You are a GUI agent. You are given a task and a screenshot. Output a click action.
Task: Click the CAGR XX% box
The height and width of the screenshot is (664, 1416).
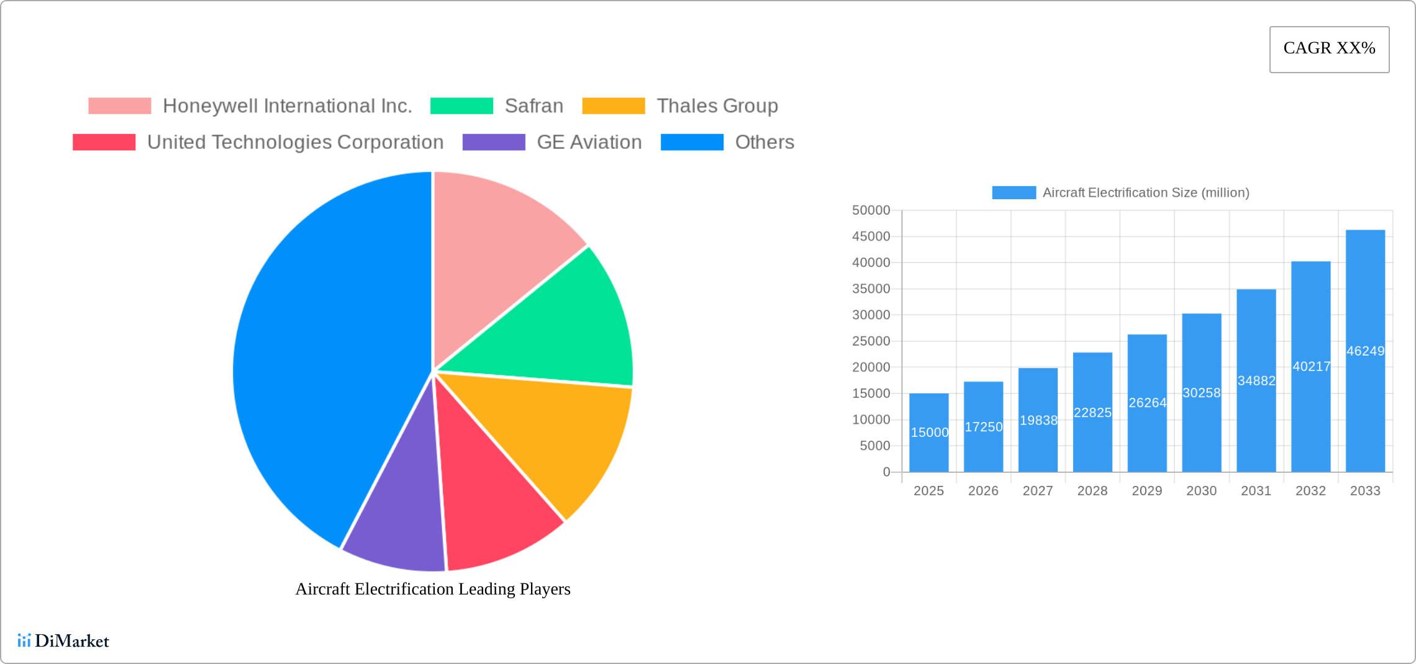pyautogui.click(x=1329, y=49)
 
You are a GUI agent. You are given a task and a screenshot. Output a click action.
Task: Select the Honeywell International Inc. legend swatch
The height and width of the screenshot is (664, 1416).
pyautogui.click(x=119, y=106)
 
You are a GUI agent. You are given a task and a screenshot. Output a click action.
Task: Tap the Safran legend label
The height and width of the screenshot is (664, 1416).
pyautogui.click(x=534, y=106)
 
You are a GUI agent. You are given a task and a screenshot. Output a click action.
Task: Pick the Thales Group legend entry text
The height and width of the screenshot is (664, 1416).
pyautogui.click(x=717, y=106)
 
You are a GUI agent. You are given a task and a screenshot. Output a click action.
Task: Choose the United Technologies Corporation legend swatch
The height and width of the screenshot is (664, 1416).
pyautogui.click(x=104, y=142)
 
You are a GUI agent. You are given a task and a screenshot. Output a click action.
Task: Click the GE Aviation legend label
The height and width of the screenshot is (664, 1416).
pyautogui.click(x=589, y=142)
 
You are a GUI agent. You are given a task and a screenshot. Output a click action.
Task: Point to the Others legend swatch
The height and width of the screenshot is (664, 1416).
pyautogui.click(x=692, y=142)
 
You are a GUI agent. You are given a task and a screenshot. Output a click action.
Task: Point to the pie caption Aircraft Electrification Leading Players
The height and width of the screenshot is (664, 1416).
pyautogui.click(x=433, y=589)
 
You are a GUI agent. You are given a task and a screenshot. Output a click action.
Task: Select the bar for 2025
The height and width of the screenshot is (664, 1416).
pyautogui.click(x=928, y=433)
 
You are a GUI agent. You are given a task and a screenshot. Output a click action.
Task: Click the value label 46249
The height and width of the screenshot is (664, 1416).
pyautogui.click(x=1365, y=351)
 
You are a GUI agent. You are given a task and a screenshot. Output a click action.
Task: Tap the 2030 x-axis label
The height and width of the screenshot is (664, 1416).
pyautogui.click(x=1201, y=491)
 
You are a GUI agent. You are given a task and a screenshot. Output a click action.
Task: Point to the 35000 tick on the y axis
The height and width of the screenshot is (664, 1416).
pyautogui.click(x=871, y=289)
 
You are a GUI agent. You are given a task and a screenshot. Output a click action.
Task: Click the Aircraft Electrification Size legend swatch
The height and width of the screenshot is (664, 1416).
pyautogui.click(x=1014, y=192)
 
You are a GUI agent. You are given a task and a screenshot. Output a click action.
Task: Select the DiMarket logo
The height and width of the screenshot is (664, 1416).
pyautogui.click(x=63, y=640)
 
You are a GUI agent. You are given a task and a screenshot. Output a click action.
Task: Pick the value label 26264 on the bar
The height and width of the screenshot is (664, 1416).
pyautogui.click(x=1147, y=403)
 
